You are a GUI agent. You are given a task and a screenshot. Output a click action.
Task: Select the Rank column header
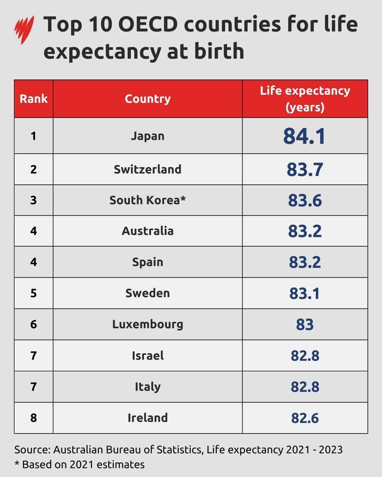(x=34, y=99)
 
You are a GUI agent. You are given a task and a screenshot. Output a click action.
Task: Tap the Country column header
(x=147, y=99)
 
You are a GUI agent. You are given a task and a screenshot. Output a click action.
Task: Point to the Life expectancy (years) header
(x=305, y=99)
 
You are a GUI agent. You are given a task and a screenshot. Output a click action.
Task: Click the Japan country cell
(x=147, y=136)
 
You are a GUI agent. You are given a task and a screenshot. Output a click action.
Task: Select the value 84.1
(x=304, y=136)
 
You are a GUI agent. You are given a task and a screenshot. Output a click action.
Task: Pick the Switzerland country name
(x=147, y=169)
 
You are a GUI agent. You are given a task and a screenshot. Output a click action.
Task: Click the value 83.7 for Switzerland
(x=305, y=170)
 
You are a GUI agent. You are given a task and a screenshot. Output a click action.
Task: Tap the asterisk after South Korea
(x=183, y=199)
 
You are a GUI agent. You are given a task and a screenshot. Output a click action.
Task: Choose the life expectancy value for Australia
(x=305, y=231)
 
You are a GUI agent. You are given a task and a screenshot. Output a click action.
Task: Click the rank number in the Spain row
(x=34, y=262)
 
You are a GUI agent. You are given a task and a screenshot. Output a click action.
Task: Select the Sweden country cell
(x=147, y=293)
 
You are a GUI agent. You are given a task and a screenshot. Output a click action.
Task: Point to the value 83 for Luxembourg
(x=305, y=324)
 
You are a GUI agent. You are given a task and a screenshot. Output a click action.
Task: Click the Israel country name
(x=147, y=355)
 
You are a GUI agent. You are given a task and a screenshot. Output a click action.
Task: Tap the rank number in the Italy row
(x=34, y=387)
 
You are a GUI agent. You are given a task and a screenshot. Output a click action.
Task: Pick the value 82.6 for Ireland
(x=305, y=418)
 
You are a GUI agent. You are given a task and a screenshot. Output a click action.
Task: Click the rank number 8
(x=34, y=418)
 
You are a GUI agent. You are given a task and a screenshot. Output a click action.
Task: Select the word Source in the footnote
(x=32, y=450)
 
